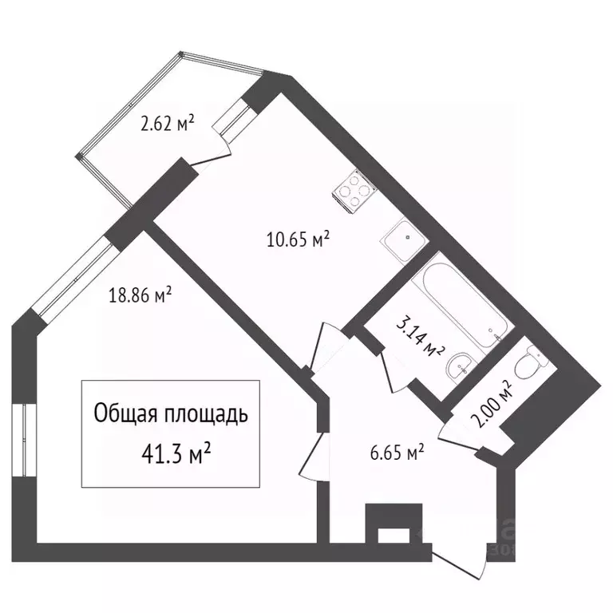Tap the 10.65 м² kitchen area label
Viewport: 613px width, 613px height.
point(299,239)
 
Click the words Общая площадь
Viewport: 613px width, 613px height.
point(171,414)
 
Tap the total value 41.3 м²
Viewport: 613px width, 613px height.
point(174,455)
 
